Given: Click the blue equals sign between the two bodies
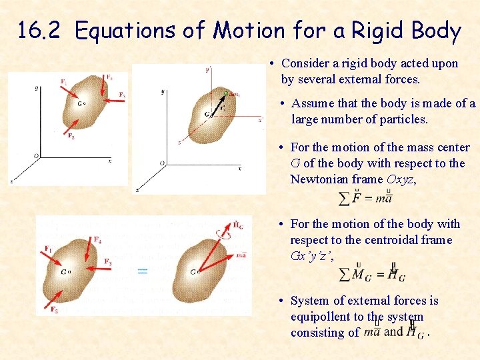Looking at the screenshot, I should pyautogui.click(x=142, y=271).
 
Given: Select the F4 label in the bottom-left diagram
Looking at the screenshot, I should pyautogui.click(x=98, y=239).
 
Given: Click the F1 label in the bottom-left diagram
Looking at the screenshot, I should pyautogui.click(x=48, y=249).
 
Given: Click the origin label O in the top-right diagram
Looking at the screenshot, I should pyautogui.click(x=162, y=163).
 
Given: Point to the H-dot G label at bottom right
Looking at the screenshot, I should pyautogui.click(x=238, y=225).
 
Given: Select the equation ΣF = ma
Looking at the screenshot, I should pyautogui.click(x=365, y=198).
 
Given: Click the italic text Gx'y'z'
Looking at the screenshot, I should pyautogui.click(x=311, y=256).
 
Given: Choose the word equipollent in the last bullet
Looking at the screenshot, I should pyautogui.click(x=324, y=317).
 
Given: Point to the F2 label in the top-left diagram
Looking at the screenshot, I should pyautogui.click(x=71, y=135).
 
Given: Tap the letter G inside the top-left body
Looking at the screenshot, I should pyautogui.click(x=79, y=103).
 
